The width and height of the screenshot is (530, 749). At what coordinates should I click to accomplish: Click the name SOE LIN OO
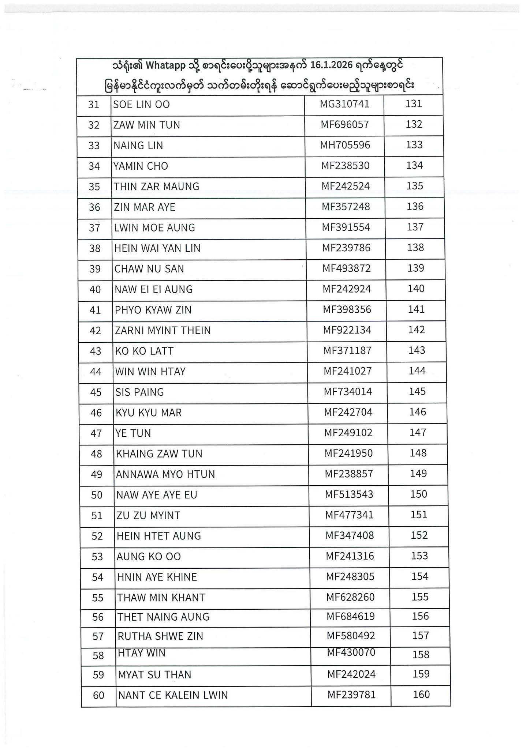point(141,105)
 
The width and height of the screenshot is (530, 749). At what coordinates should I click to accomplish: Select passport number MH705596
point(345,145)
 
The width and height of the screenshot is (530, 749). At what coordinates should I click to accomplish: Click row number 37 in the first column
point(94,228)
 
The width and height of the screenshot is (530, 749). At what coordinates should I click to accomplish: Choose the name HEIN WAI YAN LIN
point(157,248)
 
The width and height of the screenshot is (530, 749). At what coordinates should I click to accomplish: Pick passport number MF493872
point(346,268)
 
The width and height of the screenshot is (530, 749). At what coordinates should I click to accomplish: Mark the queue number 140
point(416,289)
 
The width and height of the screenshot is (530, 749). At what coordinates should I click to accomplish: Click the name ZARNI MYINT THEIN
point(163,331)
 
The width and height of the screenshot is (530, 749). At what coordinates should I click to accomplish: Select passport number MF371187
point(347,351)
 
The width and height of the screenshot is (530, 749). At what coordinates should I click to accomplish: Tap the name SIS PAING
point(139,392)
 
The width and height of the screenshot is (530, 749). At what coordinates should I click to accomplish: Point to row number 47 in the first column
point(96,433)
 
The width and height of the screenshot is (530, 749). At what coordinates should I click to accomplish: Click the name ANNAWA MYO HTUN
point(165,474)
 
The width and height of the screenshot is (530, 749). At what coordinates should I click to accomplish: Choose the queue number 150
point(419,494)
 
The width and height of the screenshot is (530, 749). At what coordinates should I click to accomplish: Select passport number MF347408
point(350,536)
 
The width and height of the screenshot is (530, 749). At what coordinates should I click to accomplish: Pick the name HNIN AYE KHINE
point(157,577)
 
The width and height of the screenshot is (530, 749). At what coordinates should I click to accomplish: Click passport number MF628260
point(350,597)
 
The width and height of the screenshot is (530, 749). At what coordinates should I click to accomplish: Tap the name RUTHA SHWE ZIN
point(160,636)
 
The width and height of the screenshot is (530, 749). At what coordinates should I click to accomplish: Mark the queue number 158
point(421,655)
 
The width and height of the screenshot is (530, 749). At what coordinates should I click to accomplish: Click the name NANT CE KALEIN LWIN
point(173,695)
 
